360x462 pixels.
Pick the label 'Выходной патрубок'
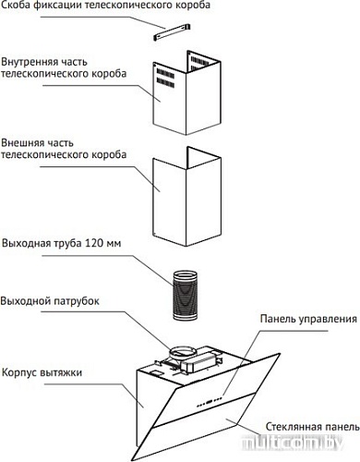coord(55,301)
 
